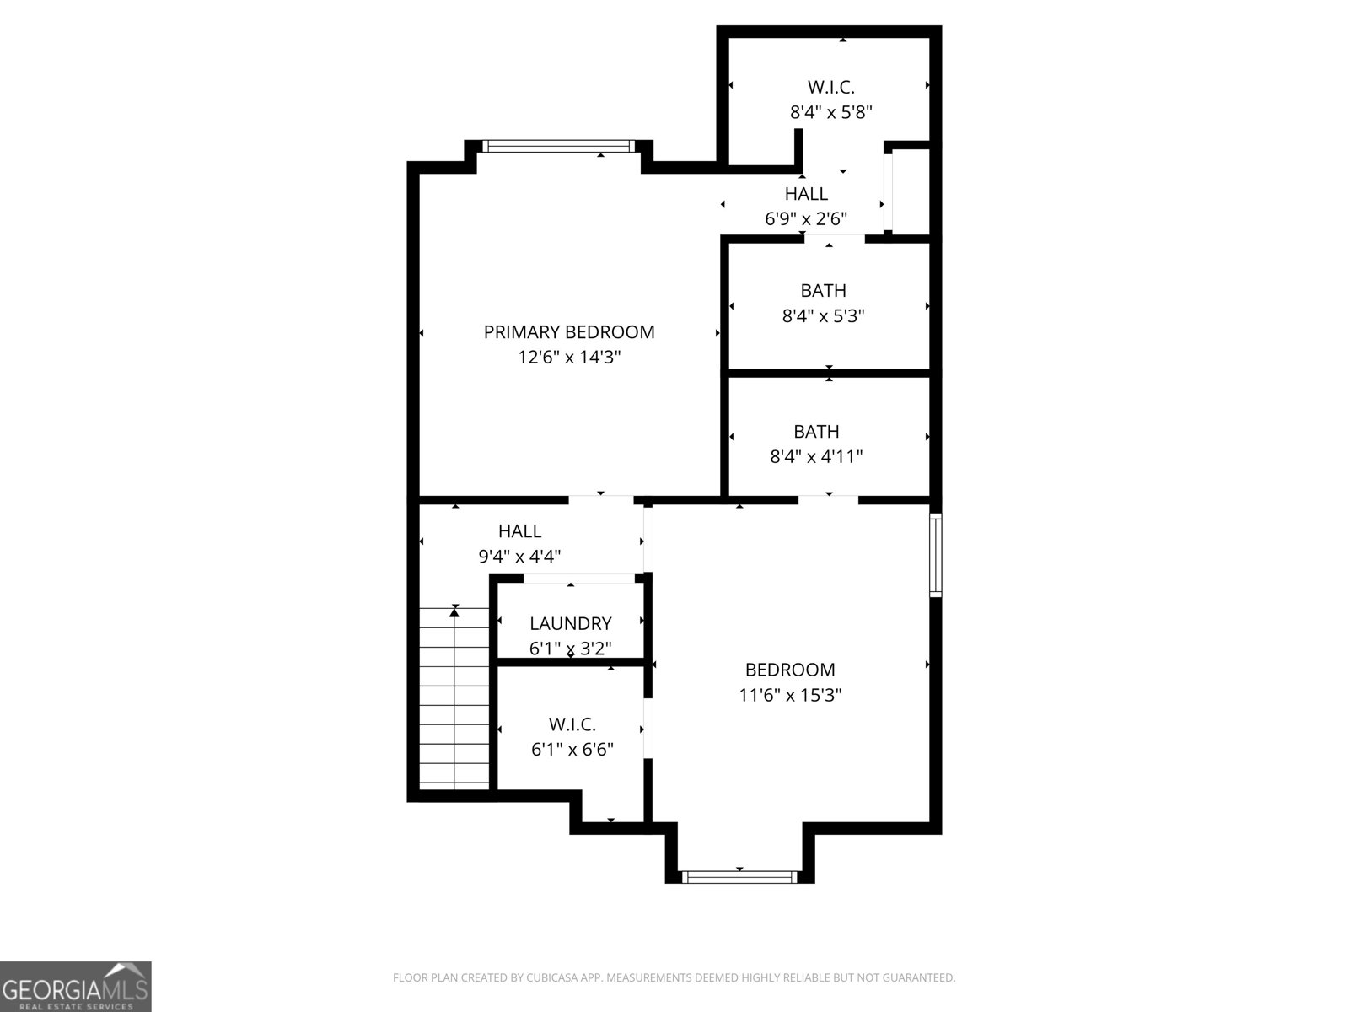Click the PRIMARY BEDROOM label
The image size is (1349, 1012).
point(569,332)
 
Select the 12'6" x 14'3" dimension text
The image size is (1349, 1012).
point(569,358)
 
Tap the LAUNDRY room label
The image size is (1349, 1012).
point(571,624)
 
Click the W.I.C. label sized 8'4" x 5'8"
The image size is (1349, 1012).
point(831,87)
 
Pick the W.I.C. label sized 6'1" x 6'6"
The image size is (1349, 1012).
point(572,724)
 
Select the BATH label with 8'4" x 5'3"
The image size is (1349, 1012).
point(824,291)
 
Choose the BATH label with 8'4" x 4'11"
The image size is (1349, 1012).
point(816,432)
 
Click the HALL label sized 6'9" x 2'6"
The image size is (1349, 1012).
point(806,194)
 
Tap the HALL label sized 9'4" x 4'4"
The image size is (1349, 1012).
point(519,531)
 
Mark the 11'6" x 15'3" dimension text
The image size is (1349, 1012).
point(790,696)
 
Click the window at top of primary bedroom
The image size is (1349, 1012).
point(559,147)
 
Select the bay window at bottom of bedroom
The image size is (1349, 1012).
point(739,877)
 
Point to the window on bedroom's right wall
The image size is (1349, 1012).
point(935,554)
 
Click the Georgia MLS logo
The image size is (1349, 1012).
point(75,987)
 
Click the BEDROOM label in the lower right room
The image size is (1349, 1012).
point(790,670)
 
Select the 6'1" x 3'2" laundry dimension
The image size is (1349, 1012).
point(571,649)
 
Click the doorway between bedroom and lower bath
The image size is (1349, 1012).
point(829,500)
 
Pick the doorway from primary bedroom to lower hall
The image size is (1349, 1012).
point(600,500)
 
